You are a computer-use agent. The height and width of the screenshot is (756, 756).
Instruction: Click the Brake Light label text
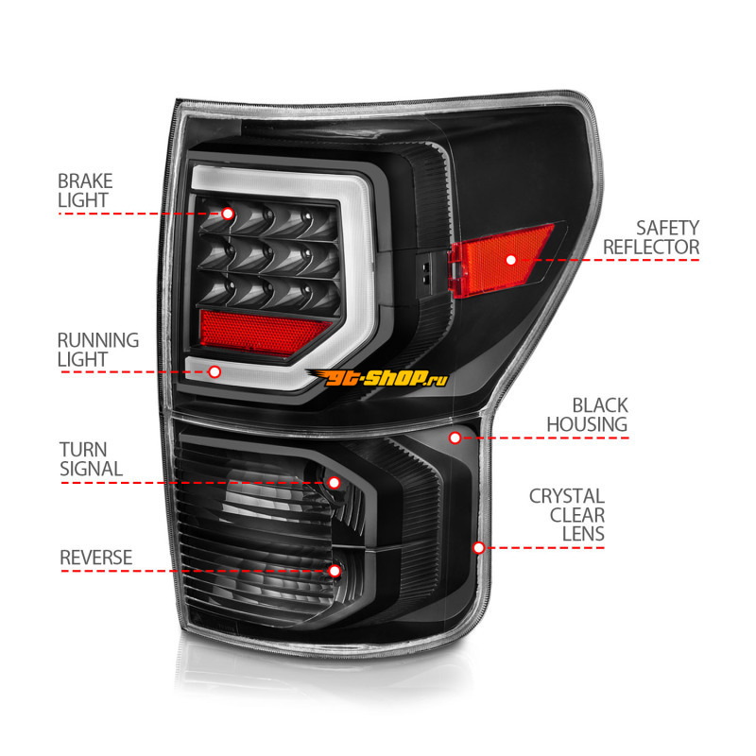click(x=84, y=190)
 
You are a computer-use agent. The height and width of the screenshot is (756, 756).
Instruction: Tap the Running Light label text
click(x=97, y=349)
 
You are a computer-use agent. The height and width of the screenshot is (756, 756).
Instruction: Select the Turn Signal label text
click(x=91, y=458)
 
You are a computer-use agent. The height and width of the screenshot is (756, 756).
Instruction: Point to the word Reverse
click(x=95, y=558)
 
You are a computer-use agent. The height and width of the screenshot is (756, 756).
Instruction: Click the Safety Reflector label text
click(x=652, y=237)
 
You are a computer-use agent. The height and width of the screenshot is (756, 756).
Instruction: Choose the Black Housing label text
click(x=586, y=415)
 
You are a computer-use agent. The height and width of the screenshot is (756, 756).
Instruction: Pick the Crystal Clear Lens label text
click(x=567, y=515)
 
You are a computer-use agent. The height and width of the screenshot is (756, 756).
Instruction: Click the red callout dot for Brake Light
click(x=228, y=214)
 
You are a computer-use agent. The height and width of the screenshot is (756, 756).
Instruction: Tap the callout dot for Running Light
click(x=215, y=372)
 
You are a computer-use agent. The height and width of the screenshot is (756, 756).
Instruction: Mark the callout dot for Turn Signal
click(x=334, y=483)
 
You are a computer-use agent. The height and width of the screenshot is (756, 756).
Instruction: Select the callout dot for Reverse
click(x=335, y=571)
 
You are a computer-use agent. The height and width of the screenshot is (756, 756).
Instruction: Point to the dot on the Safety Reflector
click(x=511, y=258)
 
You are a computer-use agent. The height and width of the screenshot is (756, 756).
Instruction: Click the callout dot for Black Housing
click(x=455, y=438)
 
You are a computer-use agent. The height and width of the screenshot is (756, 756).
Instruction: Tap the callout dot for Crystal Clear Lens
click(x=479, y=547)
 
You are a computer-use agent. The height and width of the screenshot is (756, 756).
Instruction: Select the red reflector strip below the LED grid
click(x=263, y=328)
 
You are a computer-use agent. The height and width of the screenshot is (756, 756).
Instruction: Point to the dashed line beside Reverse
click(x=189, y=571)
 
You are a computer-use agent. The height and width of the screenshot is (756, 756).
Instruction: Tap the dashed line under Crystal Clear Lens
click(x=548, y=548)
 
